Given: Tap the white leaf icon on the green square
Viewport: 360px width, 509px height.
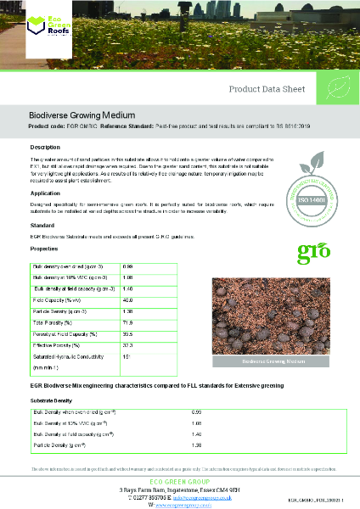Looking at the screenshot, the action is pyautogui.click(x=337, y=88).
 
